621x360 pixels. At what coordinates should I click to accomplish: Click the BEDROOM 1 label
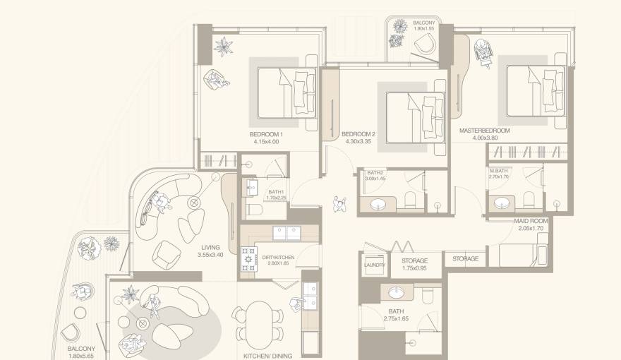(x=266, y=134)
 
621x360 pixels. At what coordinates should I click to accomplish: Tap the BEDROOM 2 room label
(x=358, y=134)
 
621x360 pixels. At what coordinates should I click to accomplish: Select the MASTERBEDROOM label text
(x=484, y=131)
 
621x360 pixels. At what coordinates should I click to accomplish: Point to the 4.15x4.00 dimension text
(x=266, y=142)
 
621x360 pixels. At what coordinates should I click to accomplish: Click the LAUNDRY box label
(x=373, y=265)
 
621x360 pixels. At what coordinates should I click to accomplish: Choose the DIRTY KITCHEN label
(x=277, y=258)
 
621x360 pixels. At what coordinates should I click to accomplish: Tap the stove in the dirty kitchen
(x=250, y=259)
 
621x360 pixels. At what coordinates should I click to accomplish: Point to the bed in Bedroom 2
(x=413, y=113)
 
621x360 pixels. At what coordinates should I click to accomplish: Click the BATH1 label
(x=275, y=192)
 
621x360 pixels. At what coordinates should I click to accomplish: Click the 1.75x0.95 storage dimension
(x=414, y=268)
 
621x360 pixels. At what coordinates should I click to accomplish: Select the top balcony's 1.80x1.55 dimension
(x=423, y=31)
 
